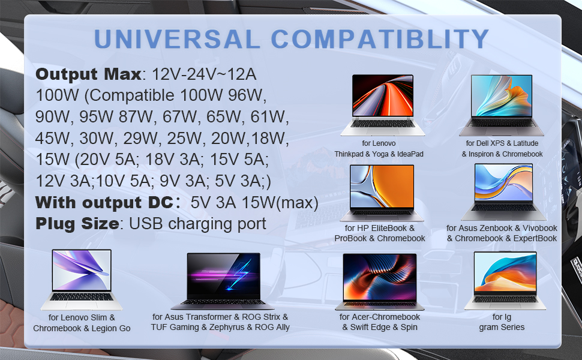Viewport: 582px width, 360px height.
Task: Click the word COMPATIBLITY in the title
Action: [x=380, y=39]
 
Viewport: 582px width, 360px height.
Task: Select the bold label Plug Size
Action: [x=76, y=224]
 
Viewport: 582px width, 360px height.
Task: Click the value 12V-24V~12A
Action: [x=204, y=74]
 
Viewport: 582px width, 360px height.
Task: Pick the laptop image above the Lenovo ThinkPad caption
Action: [x=382, y=104]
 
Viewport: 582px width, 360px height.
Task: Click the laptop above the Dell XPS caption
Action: [x=502, y=104]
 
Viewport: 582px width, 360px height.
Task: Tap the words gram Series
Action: [x=502, y=327]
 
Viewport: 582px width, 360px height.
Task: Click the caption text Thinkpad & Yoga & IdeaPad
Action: [x=379, y=154]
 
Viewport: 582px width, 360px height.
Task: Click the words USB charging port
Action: [x=197, y=224]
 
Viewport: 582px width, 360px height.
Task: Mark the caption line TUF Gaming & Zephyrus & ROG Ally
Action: [x=220, y=327]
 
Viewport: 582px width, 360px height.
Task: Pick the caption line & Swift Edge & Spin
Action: [x=380, y=327]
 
